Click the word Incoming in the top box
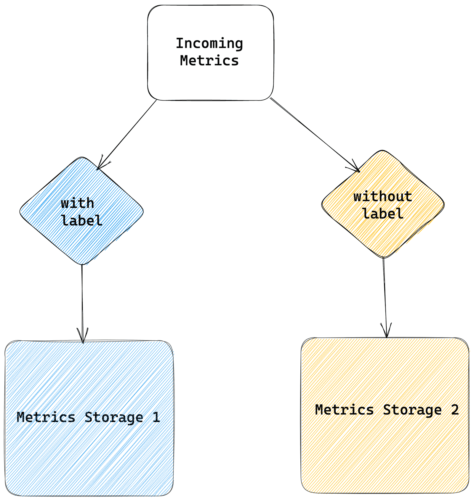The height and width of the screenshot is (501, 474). coord(209,43)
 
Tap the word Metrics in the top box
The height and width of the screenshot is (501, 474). coord(209,61)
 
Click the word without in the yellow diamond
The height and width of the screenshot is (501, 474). coord(383,197)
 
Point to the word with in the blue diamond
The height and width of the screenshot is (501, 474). coord(77,203)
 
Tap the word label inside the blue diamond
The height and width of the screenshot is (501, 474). coord(82,221)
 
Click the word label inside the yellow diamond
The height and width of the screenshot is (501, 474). coord(383,214)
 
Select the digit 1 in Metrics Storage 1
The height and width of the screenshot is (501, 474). coord(156,417)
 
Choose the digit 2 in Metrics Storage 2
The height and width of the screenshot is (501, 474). coord(455,410)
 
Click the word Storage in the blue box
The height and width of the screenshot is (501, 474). coord(114,417)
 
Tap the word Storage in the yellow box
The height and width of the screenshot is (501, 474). coord(412,410)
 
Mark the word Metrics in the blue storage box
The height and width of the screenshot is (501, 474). coord(46,417)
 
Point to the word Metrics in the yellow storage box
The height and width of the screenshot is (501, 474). coord(344,410)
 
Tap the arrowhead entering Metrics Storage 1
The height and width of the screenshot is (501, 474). coord(83,337)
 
